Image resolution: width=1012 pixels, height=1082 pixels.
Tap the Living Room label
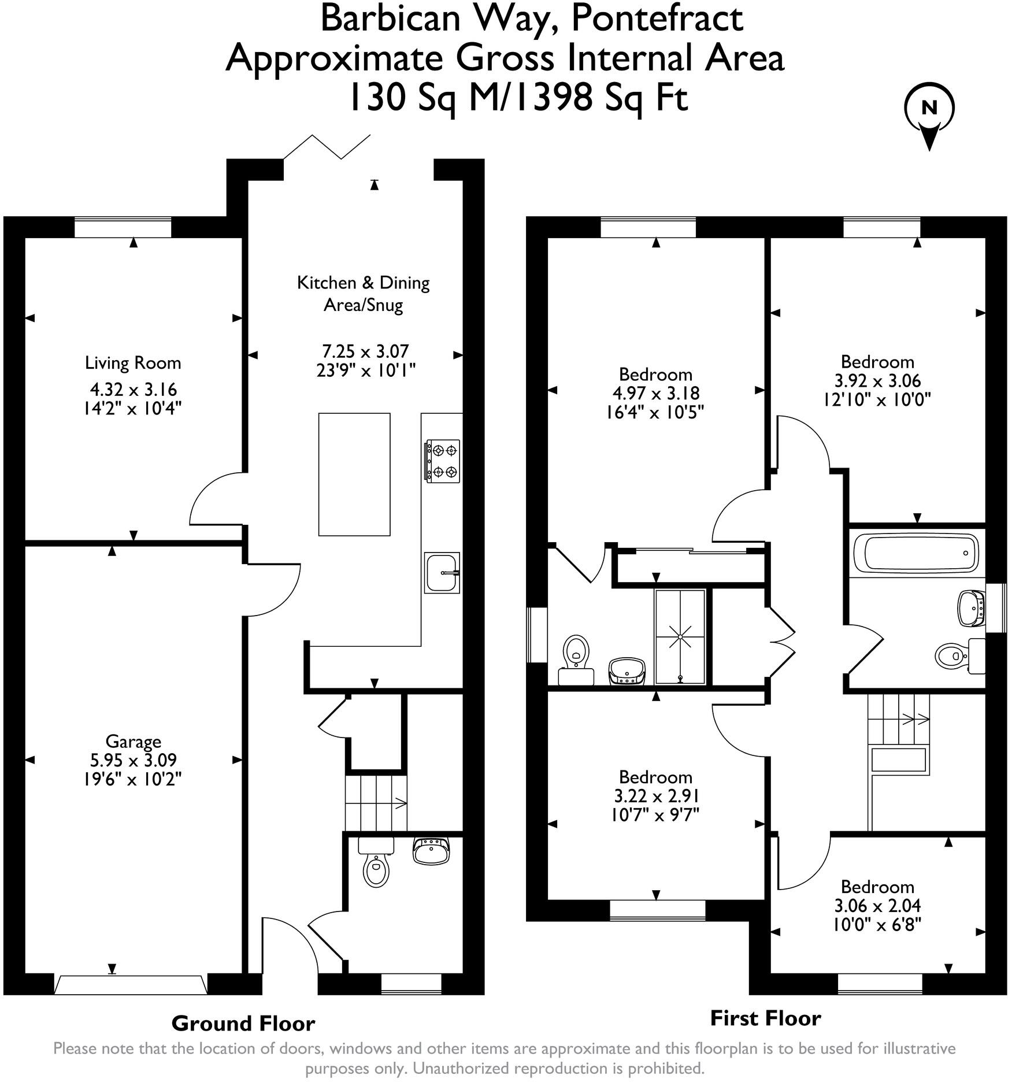click(x=133, y=363)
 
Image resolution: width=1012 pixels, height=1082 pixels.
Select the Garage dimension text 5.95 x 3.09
click(x=133, y=760)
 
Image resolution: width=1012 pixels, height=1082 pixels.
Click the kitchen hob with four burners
click(x=443, y=461)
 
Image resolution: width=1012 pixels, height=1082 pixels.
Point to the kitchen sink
click(x=442, y=572)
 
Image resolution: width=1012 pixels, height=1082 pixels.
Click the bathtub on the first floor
click(x=916, y=552)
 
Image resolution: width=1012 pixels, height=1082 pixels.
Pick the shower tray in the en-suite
click(x=680, y=636)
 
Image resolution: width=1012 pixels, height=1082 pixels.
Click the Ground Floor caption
click(x=243, y=1024)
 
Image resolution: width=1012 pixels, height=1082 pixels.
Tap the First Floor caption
click(x=765, y=1018)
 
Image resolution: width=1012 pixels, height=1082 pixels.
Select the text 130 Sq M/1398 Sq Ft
click(x=518, y=97)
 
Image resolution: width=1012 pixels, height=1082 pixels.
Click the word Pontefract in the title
click(x=657, y=18)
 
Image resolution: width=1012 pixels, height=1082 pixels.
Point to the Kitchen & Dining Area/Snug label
click(x=363, y=294)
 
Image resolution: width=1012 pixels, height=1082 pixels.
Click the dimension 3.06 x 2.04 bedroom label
click(x=877, y=905)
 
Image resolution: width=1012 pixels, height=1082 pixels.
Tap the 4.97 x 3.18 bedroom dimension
click(x=655, y=393)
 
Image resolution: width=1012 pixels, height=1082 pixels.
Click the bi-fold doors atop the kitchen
click(x=327, y=147)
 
